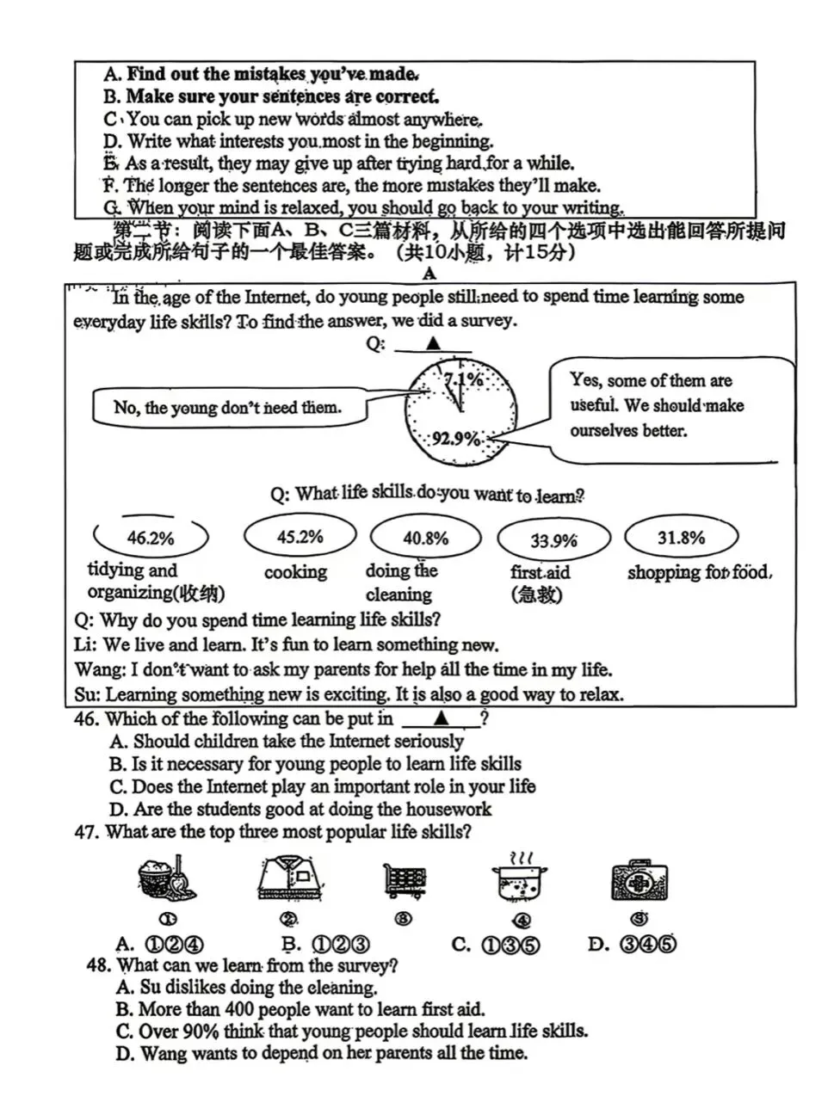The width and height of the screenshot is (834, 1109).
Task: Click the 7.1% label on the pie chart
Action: [463, 379]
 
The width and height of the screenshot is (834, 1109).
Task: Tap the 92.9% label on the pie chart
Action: [456, 439]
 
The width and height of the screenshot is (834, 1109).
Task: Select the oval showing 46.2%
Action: [151, 539]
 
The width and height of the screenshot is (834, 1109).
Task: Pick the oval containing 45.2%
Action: [300, 537]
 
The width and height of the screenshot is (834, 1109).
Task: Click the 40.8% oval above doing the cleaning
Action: [425, 539]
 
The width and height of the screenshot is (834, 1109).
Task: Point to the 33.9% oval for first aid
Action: [553, 540]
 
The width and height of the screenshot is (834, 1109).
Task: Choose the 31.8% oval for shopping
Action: [681, 538]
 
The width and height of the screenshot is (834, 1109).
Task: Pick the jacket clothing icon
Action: [290, 878]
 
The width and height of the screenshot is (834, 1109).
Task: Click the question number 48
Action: [98, 965]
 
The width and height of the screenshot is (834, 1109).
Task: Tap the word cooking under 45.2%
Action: [295, 572]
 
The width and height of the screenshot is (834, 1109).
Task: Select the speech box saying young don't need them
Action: [228, 407]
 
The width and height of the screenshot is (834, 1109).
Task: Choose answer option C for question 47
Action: [496, 945]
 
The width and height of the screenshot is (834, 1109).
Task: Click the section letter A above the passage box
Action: [429, 274]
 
